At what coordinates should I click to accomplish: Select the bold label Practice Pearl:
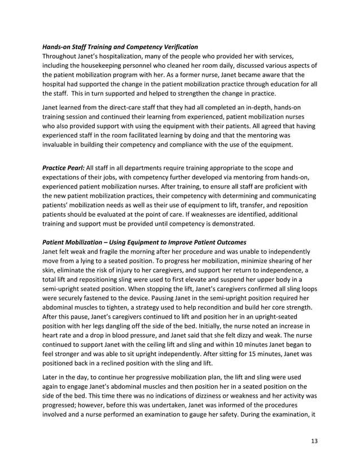click(x=62, y=168)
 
